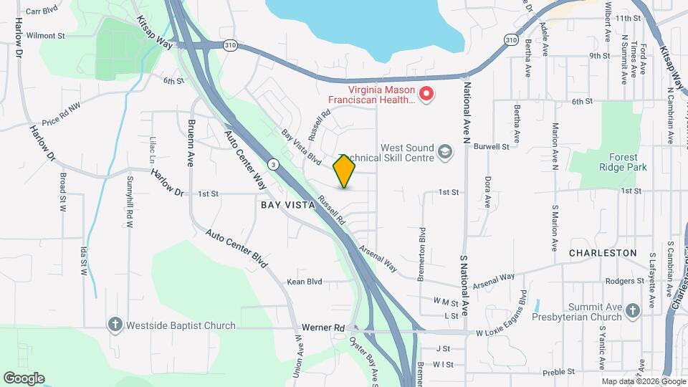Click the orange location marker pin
345,171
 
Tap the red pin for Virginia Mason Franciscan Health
426,95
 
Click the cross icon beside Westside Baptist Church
114,325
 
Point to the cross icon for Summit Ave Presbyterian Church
631,310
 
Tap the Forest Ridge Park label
622,162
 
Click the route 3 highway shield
274,165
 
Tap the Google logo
24,378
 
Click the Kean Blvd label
305,282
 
